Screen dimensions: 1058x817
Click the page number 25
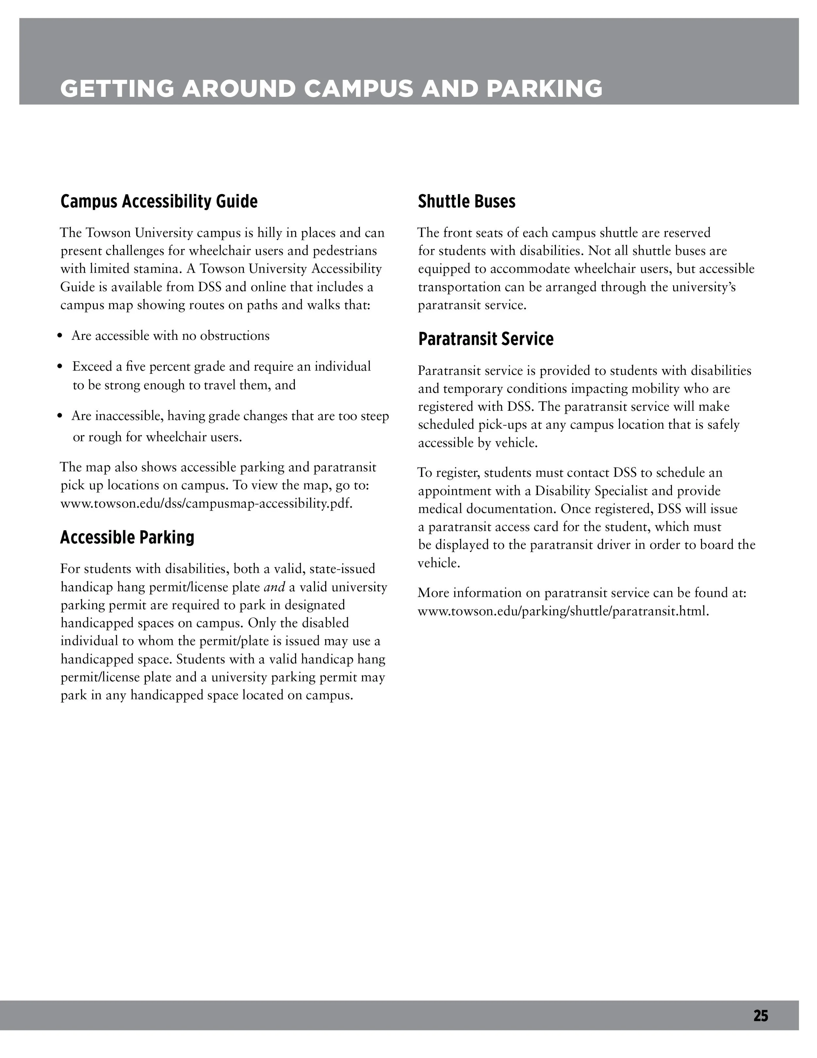tap(760, 1015)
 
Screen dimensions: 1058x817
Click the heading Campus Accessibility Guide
tap(159, 201)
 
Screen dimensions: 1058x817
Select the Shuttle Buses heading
tap(467, 201)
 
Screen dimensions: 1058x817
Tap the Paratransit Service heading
tap(485, 339)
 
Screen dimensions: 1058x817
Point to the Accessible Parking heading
tap(127, 537)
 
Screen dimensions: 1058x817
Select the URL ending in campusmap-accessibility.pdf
tap(206, 503)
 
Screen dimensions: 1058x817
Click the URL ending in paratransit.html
tap(563, 611)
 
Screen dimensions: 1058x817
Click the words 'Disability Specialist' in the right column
tap(591, 491)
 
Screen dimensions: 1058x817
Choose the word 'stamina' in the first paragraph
tap(156, 269)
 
